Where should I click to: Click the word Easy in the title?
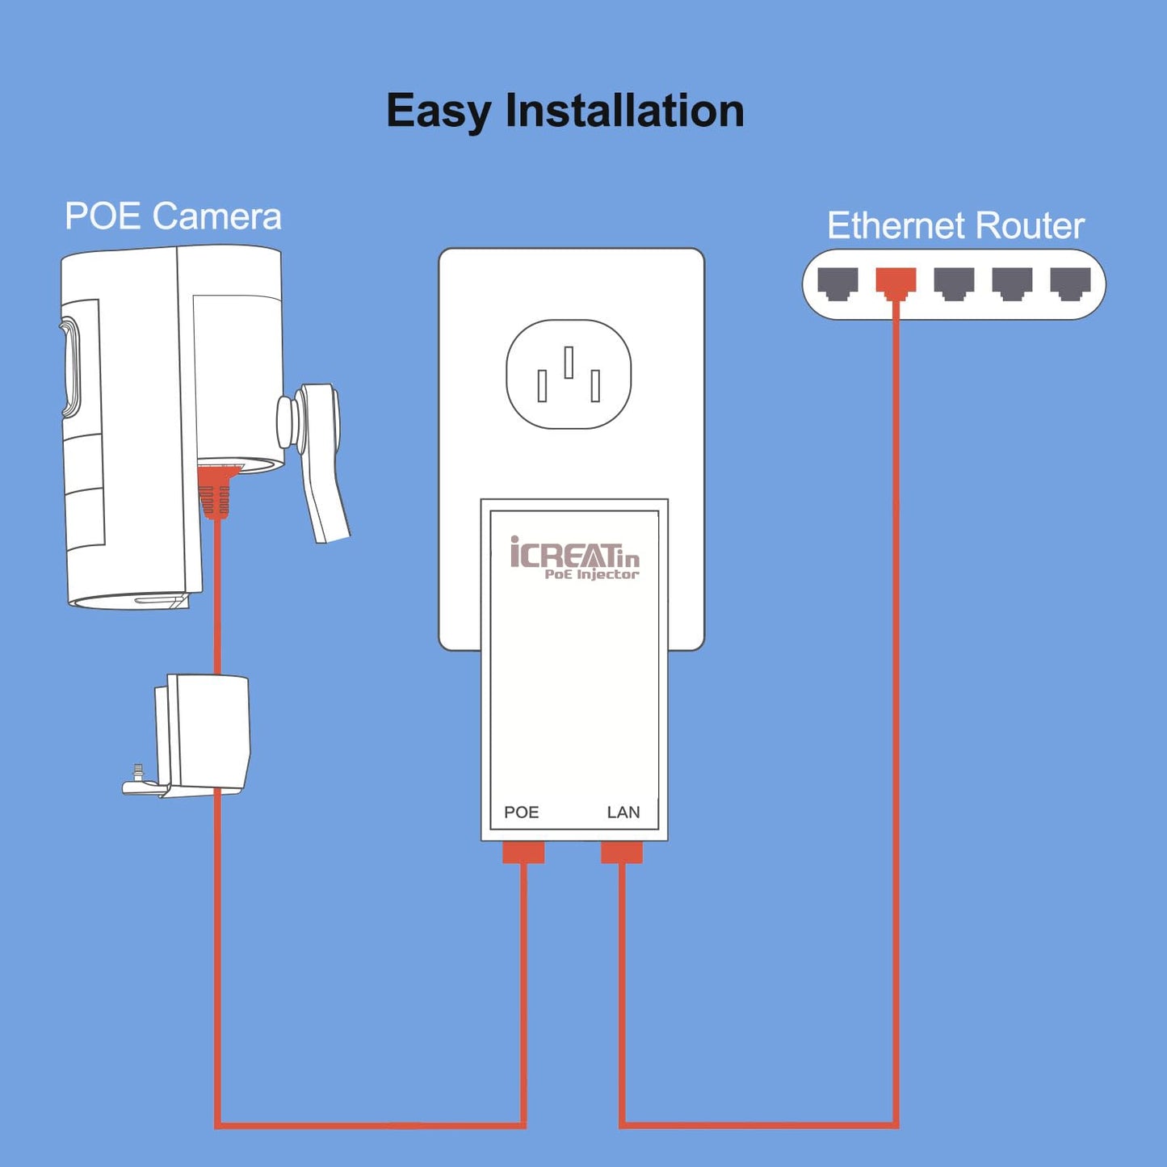pyautogui.click(x=439, y=111)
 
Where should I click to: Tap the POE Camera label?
pyautogui.click(x=173, y=216)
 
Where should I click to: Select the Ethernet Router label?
pyautogui.click(x=955, y=225)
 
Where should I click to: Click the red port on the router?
pyautogui.click(x=896, y=283)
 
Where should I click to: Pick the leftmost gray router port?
pyautogui.click(x=837, y=283)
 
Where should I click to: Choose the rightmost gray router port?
pyautogui.click(x=1070, y=283)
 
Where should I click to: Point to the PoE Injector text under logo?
pyautogui.click(x=592, y=574)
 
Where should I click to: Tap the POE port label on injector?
pyautogui.click(x=522, y=812)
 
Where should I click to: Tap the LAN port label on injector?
pyautogui.click(x=623, y=812)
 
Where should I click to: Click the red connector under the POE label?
pyautogui.click(x=523, y=851)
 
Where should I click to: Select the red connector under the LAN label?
pyautogui.click(x=621, y=851)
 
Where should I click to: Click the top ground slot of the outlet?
pyautogui.click(x=569, y=362)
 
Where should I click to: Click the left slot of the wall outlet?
pyautogui.click(x=542, y=386)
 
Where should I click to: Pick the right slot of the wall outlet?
pyautogui.click(x=595, y=386)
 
